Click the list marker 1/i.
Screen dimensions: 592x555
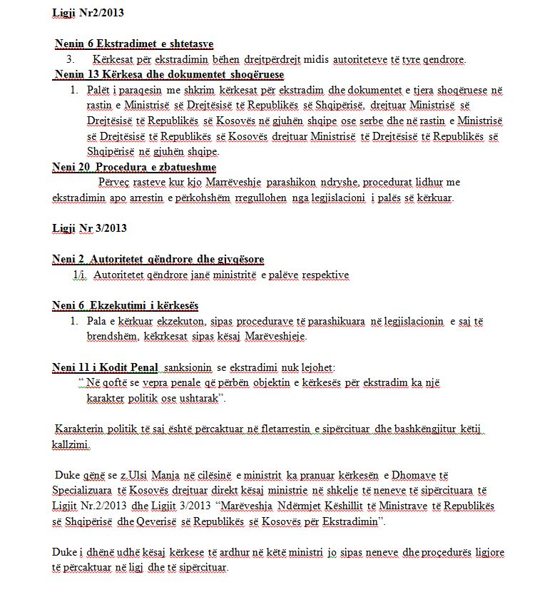point(80,275)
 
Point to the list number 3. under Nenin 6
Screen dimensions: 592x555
point(71,59)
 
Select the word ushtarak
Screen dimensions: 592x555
point(195,398)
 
